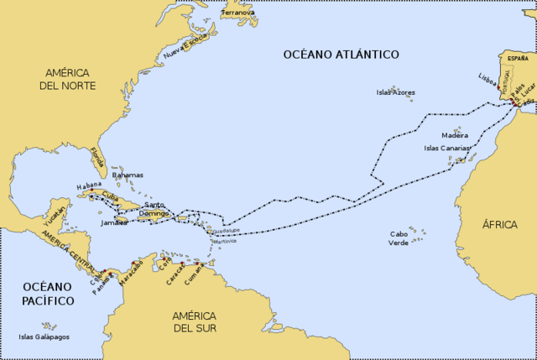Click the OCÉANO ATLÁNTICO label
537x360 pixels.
pos(341,55)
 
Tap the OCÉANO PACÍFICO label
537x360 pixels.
pos(49,293)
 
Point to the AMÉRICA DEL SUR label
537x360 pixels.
pos(195,321)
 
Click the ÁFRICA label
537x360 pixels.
pos(500,224)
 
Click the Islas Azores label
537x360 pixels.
pos(395,92)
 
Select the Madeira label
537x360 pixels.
pos(455,134)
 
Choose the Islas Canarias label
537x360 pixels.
pos(449,148)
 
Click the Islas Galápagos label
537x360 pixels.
pos(44,337)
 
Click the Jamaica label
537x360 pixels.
pos(113,223)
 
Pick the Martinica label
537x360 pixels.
pos(225,241)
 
